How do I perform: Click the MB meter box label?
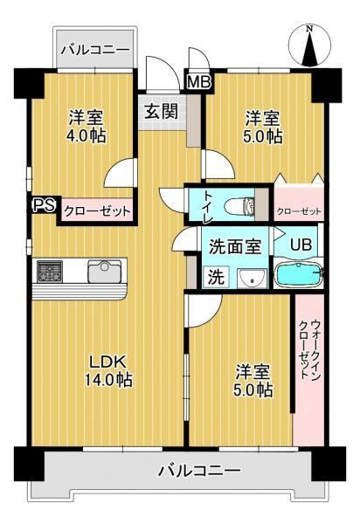pyautogui.click(x=199, y=81)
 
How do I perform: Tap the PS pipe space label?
pyautogui.click(x=44, y=205)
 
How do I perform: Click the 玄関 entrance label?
pyautogui.click(x=161, y=111)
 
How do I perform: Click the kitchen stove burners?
pyautogui.click(x=50, y=271)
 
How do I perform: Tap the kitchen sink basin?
pyautogui.click(x=105, y=271)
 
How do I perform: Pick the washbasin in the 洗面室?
pyautogui.click(x=252, y=279)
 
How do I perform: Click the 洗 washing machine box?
pyautogui.click(x=216, y=277)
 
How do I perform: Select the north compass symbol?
pyautogui.click(x=309, y=45)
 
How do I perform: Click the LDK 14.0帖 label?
pyautogui.click(x=108, y=370)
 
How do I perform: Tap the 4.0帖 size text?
pyautogui.click(x=87, y=136)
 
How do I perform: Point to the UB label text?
pyautogui.click(x=301, y=245)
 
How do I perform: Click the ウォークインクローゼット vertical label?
pyautogui.click(x=309, y=349)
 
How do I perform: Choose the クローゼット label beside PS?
pyautogui.click(x=97, y=211)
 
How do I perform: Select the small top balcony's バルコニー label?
pyautogui.click(x=95, y=50)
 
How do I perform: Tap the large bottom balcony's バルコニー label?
pyautogui.click(x=199, y=471)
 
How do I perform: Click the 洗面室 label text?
pyautogui.click(x=235, y=246)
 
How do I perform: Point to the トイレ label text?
pyautogui.click(x=209, y=206)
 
